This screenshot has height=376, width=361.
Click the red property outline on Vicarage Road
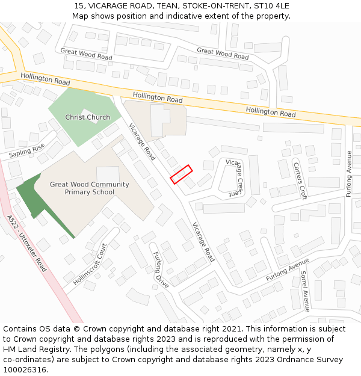tap(181, 174)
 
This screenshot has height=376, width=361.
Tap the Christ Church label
tap(88, 117)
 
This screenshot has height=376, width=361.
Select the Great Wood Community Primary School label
tap(90, 188)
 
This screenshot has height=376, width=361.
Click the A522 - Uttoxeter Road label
tap(25, 243)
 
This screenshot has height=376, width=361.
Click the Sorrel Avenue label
tap(304, 291)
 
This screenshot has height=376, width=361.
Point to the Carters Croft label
tap(300, 180)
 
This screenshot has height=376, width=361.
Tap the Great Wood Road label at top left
tap(86, 54)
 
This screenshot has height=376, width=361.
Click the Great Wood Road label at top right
tap(223, 54)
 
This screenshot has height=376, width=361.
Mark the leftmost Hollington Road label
tap(45, 79)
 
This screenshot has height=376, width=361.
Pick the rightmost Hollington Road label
tap(271, 112)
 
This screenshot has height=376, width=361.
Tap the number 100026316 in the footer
tap(25, 370)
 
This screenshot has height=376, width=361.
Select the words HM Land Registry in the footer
tap(31, 350)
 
